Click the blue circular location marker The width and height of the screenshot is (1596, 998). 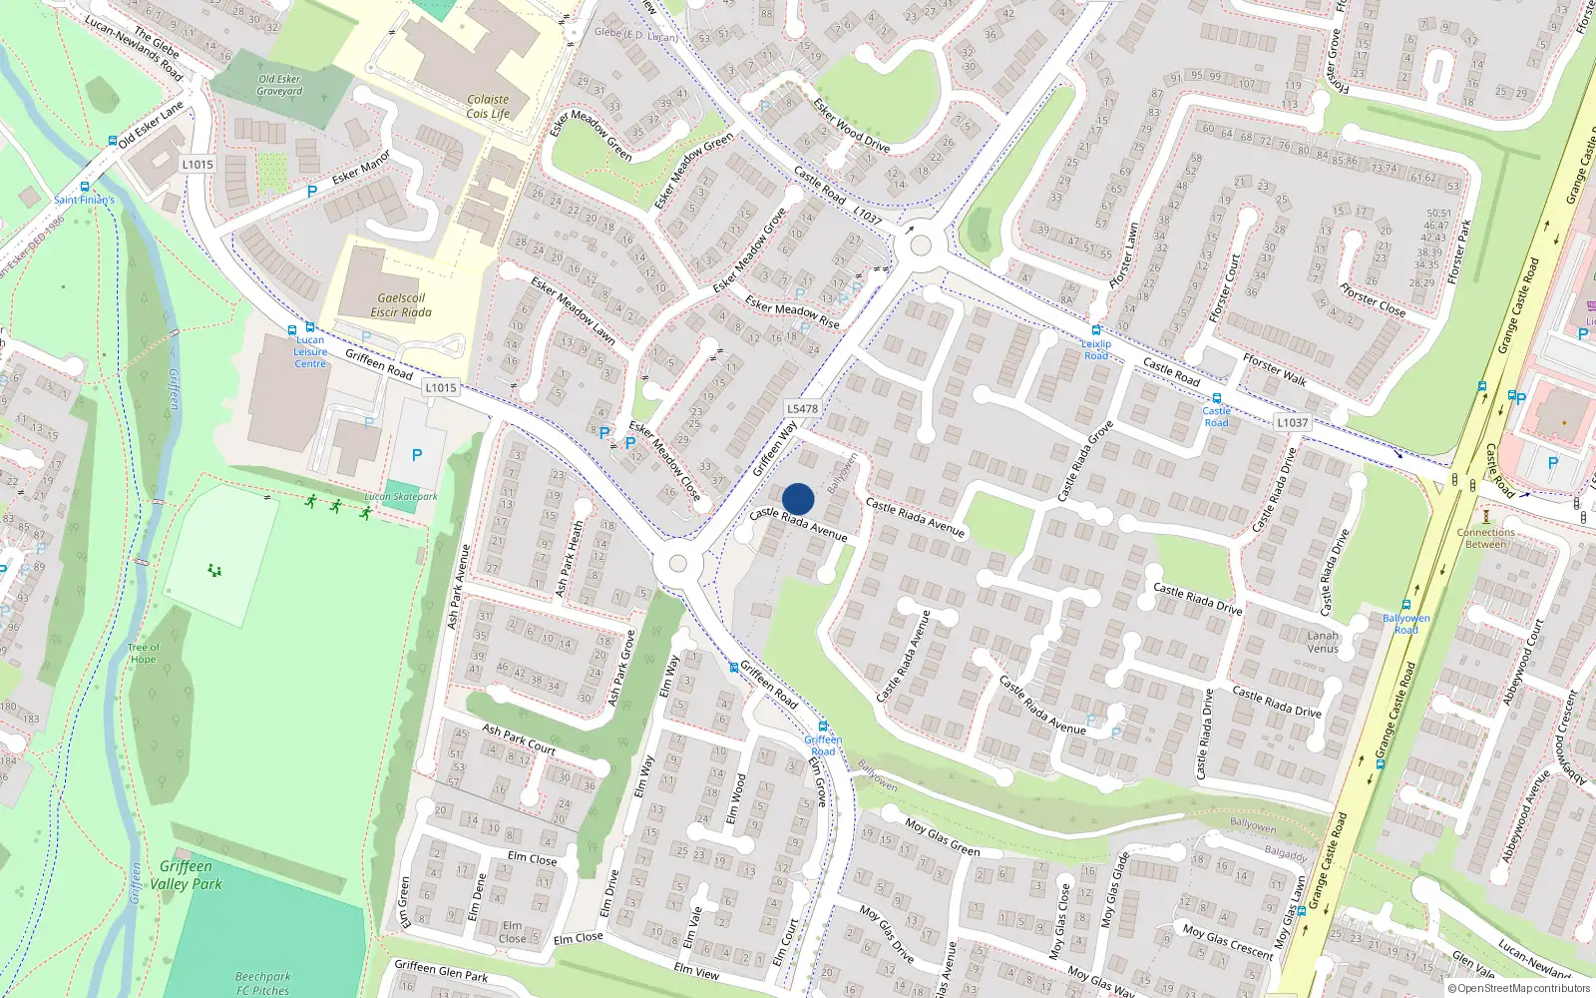(x=798, y=499)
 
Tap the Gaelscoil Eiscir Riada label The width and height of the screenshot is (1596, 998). (x=401, y=305)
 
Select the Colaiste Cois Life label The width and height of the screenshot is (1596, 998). (x=488, y=107)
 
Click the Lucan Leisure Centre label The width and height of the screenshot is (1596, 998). (x=310, y=351)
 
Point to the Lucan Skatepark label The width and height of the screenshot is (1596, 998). (x=401, y=496)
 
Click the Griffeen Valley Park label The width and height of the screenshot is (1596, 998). (x=186, y=875)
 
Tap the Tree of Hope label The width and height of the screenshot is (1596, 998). (x=143, y=654)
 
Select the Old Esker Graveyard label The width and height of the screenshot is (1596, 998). (x=279, y=85)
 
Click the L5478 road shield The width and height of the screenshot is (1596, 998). (x=802, y=408)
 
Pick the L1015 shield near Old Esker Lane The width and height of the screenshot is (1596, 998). (x=198, y=165)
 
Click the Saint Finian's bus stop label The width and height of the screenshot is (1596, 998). (x=84, y=200)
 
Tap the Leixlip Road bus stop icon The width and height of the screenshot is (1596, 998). (x=1095, y=330)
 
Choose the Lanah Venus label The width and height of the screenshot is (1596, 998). (x=1323, y=642)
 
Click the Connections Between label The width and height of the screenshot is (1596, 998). (x=1485, y=538)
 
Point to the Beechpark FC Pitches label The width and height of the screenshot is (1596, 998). (x=263, y=984)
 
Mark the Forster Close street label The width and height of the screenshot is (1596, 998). (x=1373, y=299)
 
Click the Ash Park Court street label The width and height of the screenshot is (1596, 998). (x=519, y=739)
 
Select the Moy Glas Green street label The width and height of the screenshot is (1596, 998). (x=943, y=837)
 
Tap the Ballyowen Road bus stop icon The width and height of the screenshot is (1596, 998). (x=1405, y=605)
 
